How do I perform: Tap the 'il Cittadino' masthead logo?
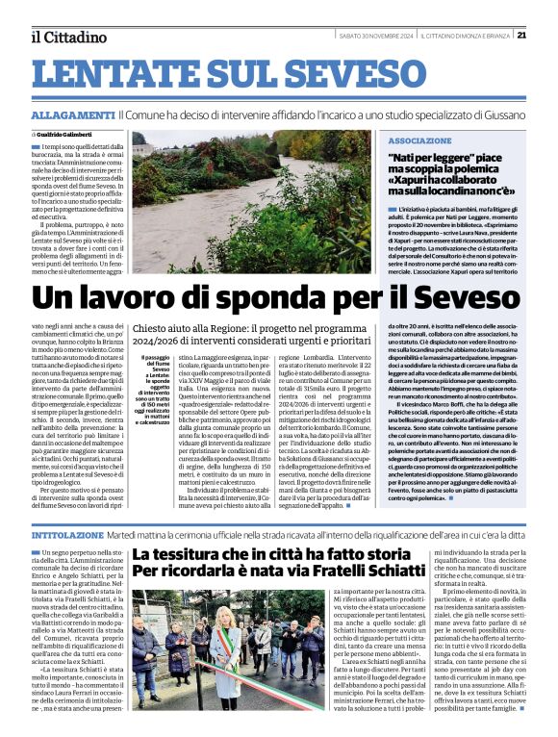68,38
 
